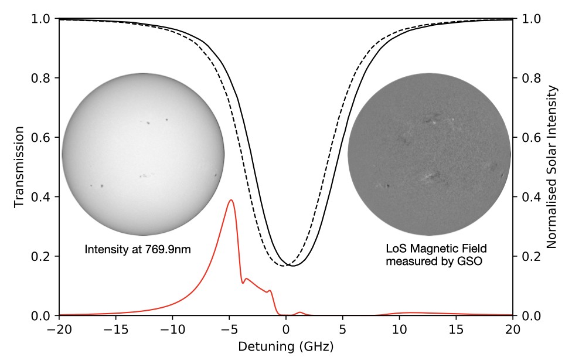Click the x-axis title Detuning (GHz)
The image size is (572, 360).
[285, 346]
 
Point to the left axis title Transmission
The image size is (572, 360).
[19, 167]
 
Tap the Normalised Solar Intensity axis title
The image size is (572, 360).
[552, 167]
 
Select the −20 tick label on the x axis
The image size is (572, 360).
[59, 329]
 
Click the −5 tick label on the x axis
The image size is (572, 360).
[229, 329]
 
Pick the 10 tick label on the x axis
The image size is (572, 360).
[400, 329]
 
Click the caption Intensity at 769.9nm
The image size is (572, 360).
[138, 250]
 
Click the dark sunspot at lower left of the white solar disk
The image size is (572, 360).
[103, 186]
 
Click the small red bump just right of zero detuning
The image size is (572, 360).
[300, 313]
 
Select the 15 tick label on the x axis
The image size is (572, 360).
[457, 329]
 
